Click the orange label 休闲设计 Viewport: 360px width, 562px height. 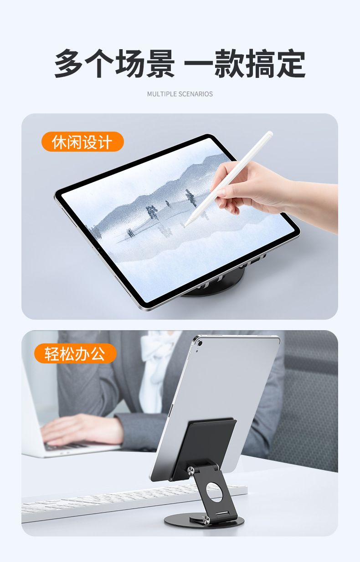[82, 142]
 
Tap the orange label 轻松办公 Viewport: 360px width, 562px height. [75, 353]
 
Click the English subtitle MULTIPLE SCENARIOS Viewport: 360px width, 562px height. [180, 94]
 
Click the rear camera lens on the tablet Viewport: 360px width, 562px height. [200, 343]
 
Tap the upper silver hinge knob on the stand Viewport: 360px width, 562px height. [190, 470]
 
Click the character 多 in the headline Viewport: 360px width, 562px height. [68, 63]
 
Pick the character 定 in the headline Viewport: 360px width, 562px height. [291, 63]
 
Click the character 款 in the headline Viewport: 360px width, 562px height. [229, 63]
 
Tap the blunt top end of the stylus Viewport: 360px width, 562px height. [270, 134]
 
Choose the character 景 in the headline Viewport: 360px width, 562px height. [161, 63]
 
